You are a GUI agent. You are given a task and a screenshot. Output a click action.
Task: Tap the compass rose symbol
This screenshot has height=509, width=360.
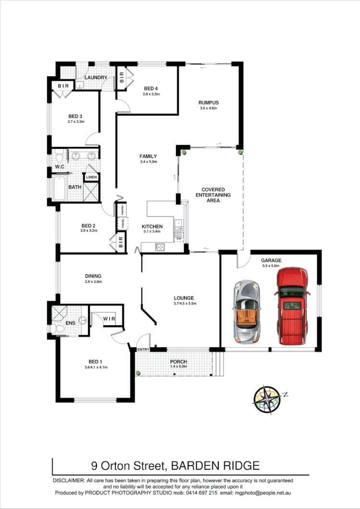pos(267,398)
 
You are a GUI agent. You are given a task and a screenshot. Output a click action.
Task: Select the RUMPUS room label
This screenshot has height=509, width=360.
pos(209,102)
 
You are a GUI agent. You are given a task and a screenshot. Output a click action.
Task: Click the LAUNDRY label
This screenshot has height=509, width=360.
pos(96,77)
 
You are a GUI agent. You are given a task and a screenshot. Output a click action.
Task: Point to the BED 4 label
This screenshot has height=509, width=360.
pos(151,88)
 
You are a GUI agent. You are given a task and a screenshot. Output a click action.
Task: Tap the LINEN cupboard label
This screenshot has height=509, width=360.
pos(91,177)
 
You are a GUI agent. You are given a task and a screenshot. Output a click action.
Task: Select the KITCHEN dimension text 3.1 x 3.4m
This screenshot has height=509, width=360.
pos(152,232)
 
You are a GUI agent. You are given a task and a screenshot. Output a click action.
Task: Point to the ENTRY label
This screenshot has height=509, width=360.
pos(143,350)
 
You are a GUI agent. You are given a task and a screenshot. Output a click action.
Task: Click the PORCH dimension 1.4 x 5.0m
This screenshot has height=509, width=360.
pos(178,367)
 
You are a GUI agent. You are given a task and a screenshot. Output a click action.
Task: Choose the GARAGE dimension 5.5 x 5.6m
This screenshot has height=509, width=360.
pos(272,266)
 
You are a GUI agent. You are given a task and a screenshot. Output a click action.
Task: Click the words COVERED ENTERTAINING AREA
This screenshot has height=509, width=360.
pos(213,195)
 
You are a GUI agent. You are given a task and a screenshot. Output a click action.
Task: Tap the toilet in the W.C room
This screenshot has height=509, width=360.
pos(60,158)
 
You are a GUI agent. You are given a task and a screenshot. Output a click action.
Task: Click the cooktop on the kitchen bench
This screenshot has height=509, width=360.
pos(160,248)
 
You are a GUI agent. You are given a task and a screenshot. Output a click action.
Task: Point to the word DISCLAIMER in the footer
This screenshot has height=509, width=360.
pos(68,480)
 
